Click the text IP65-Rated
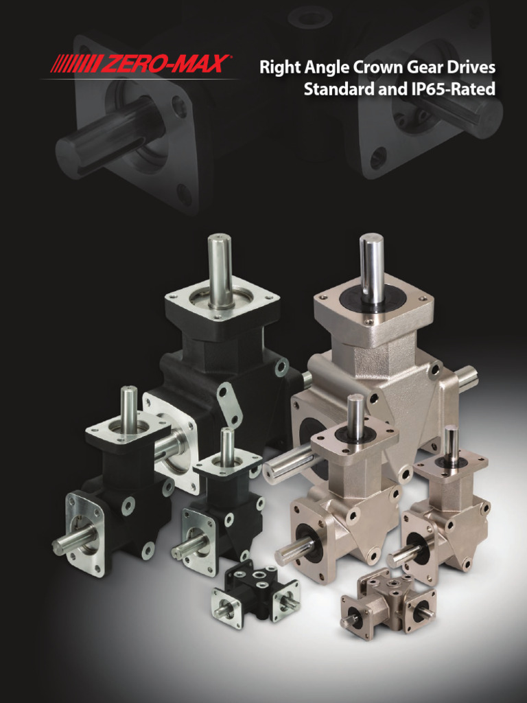pos(453,89)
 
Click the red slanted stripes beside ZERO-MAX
pos(77,64)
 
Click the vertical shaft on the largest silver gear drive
pos(373,268)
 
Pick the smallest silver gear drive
pos(388,601)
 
